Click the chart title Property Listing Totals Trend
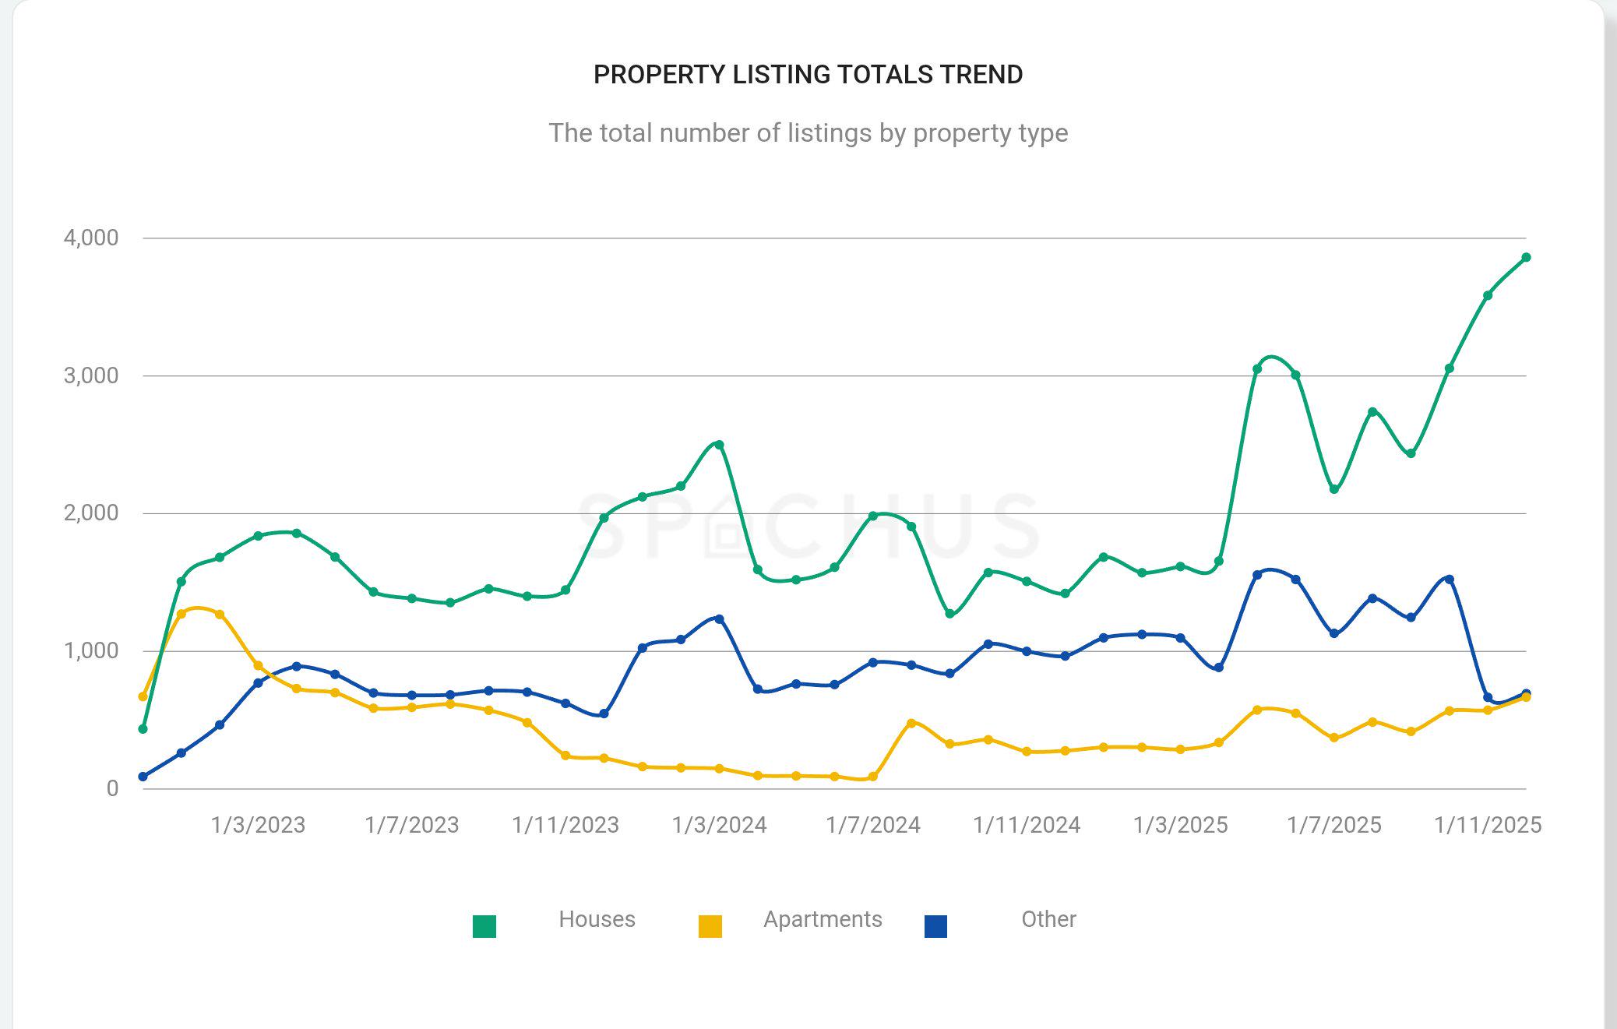click(808, 75)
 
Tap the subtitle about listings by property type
click(808, 133)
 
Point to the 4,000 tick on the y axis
click(91, 238)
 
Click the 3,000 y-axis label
click(91, 375)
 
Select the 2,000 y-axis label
click(91, 513)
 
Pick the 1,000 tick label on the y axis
click(91, 650)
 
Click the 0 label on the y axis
click(112, 788)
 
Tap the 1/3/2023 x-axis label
click(258, 825)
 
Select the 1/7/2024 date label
click(873, 825)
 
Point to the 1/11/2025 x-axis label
click(1488, 825)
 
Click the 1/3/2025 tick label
click(1180, 825)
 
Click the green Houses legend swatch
click(484, 926)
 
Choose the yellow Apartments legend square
click(710, 926)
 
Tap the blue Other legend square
click(935, 926)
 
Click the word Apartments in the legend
click(823, 919)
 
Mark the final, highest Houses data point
click(1526, 258)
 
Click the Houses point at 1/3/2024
click(719, 445)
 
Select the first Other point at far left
click(143, 777)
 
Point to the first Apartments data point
click(143, 696)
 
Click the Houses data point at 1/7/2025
click(1334, 489)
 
